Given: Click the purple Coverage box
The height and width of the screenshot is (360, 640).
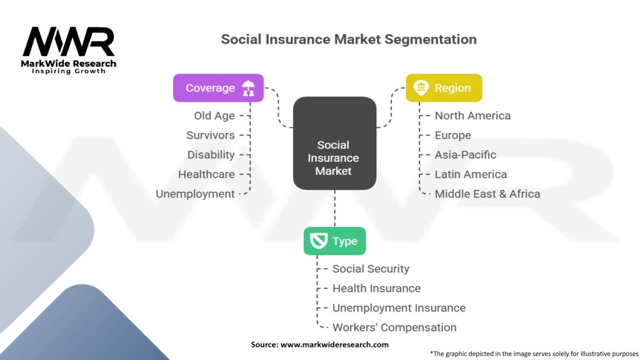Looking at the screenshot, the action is (x=218, y=87).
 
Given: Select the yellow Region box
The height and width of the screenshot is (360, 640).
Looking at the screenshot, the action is (x=444, y=87).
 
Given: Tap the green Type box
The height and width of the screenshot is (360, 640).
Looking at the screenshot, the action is (x=335, y=241).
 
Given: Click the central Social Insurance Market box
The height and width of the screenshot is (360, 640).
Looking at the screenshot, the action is (x=335, y=143).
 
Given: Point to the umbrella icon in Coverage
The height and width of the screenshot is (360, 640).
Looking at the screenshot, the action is (x=248, y=87).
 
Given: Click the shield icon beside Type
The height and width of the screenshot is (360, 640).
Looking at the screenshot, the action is (x=318, y=241).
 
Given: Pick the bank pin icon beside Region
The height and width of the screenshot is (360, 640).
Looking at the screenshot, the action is (x=421, y=87).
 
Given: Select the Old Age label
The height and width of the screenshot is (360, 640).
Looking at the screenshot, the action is (x=214, y=116).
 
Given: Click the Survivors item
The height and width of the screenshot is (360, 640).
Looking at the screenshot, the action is (x=211, y=135).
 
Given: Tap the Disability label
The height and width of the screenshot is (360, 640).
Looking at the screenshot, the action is (x=211, y=155).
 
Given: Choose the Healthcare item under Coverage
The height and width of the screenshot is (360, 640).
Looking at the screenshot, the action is (x=206, y=174).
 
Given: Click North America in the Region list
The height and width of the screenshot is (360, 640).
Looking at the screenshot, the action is (x=472, y=116).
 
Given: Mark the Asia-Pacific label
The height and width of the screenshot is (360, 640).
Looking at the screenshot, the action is (x=465, y=155).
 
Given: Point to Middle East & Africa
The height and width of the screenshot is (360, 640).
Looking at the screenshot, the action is (x=487, y=194).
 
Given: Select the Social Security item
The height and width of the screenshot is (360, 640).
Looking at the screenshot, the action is (x=371, y=269).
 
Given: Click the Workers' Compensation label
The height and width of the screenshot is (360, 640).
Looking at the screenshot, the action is (x=394, y=327).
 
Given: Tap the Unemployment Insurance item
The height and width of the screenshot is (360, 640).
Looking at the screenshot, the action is (x=399, y=307).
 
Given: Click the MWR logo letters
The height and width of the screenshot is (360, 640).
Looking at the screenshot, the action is (x=69, y=41).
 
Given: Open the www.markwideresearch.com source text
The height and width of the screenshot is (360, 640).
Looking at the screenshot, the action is (x=334, y=344).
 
